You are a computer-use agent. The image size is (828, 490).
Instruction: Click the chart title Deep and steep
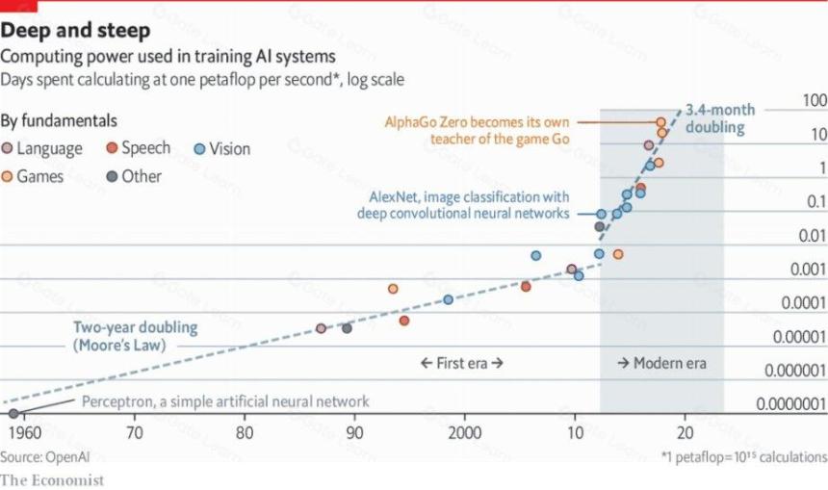pos(75,30)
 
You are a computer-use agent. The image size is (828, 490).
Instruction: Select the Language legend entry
pos(42,148)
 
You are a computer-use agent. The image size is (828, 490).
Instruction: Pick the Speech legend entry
pos(139,148)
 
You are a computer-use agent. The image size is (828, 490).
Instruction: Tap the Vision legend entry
pos(221,149)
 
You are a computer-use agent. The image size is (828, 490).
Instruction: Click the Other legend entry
pos(134,176)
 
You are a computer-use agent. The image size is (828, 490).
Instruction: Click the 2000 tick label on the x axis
pos(465,433)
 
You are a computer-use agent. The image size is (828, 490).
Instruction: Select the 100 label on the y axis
pos(815,100)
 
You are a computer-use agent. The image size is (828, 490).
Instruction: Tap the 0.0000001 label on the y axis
pos(791,404)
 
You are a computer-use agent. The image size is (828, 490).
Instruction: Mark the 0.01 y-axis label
pos(813,236)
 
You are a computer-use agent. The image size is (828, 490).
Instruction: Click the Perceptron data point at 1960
pos(13,413)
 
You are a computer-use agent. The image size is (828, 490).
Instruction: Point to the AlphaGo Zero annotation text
pos(477,130)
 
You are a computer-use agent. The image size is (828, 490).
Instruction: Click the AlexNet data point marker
pos(601,214)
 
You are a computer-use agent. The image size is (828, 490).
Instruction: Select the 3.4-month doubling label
pos(720,118)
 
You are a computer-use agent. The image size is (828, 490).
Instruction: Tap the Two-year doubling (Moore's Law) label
pos(135,336)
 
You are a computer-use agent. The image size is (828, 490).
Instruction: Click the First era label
pos(461,363)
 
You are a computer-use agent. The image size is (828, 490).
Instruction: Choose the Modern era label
pos(661,363)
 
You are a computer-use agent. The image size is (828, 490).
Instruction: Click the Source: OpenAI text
pos(45,456)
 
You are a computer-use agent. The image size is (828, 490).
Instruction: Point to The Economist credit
pos(52,480)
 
